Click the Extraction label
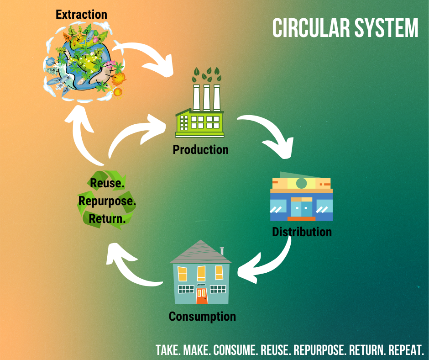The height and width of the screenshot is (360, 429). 81,15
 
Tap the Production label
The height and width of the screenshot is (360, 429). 200,149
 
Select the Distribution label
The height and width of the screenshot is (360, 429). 302,232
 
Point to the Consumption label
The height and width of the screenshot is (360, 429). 202,317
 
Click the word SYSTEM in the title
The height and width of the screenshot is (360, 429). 386,28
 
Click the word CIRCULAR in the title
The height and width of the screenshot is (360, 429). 311,28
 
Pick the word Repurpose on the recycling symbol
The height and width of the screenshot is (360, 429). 107,201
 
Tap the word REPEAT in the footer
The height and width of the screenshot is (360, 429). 406,350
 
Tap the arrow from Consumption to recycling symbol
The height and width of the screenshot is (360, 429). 129,270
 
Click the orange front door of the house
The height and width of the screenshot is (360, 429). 202,296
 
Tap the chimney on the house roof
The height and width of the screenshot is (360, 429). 222,251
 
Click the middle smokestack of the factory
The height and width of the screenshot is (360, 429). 207,97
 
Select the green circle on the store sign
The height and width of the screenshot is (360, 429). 302,183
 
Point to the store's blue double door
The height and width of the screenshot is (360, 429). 301,209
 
